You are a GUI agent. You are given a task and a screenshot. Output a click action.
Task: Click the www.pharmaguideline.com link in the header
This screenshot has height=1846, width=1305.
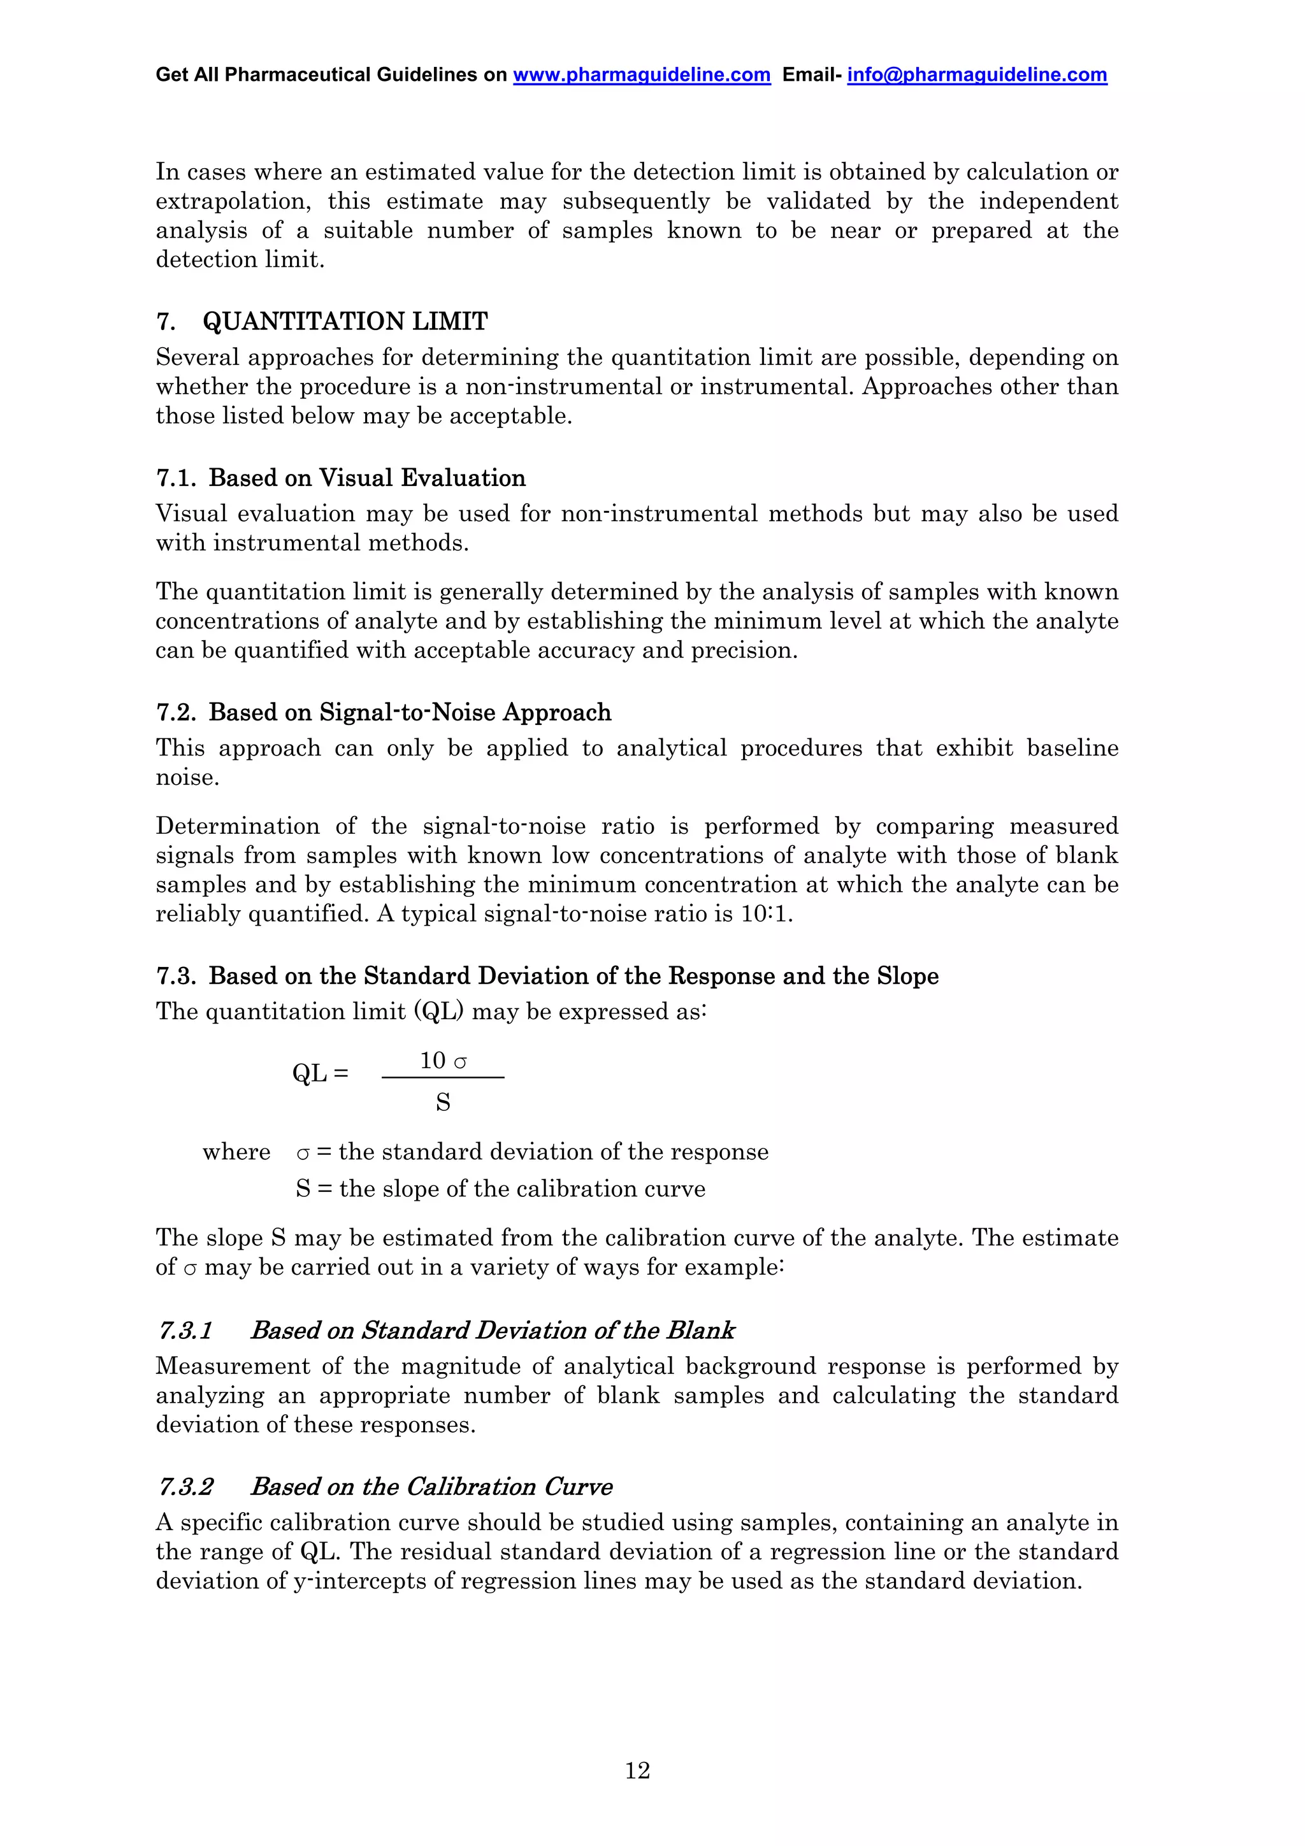641,75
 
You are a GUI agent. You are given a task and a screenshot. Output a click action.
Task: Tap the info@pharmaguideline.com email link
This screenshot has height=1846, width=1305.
976,75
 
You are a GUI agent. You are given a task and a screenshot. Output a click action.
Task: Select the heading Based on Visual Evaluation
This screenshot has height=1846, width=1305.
366,478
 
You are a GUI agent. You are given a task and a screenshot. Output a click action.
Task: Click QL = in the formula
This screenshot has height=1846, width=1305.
320,1073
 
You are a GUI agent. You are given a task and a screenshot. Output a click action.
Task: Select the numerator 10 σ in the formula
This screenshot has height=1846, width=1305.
443,1061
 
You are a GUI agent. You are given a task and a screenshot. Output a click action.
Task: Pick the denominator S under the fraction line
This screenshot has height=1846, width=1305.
443,1102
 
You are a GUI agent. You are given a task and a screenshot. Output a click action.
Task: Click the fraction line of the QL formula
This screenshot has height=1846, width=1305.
443,1077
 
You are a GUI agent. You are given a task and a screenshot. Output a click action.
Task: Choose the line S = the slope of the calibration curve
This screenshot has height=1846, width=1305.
500,1189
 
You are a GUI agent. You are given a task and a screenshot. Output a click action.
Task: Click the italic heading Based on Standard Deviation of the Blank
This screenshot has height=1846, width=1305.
492,1331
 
